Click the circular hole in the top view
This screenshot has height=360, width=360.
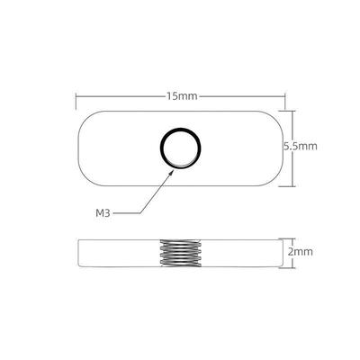(x=176, y=146)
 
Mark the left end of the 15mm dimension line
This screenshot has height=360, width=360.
(x=76, y=94)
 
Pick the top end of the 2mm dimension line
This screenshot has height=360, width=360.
(x=283, y=239)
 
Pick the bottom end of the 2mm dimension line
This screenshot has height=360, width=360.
(x=283, y=267)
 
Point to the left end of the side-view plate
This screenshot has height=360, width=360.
(x=82, y=253)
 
